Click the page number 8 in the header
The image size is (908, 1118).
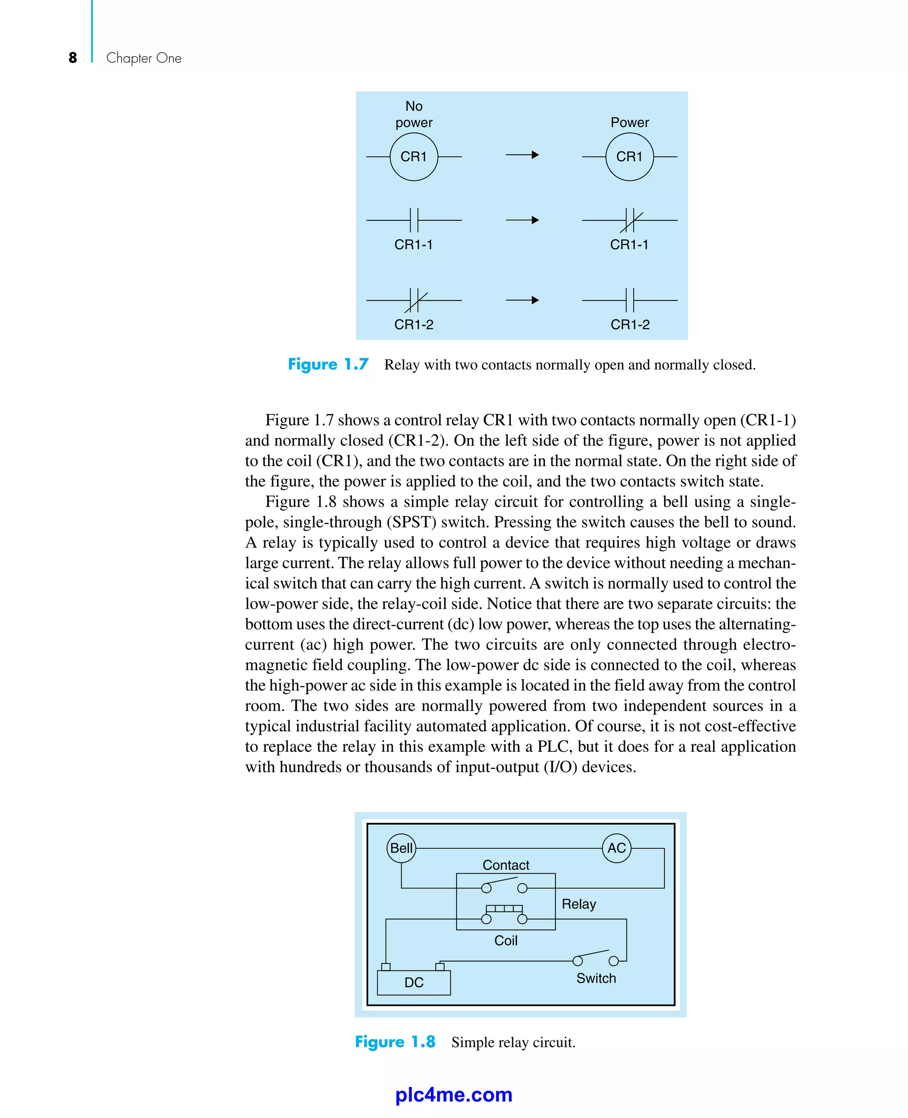pyautogui.click(x=73, y=58)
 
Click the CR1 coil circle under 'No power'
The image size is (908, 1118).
pyautogui.click(x=414, y=156)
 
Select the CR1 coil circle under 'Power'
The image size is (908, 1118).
pyautogui.click(x=629, y=156)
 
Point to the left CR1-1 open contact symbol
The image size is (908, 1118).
pyautogui.click(x=414, y=220)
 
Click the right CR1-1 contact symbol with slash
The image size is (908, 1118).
pyautogui.click(x=630, y=220)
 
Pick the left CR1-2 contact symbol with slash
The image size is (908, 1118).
pyautogui.click(x=414, y=300)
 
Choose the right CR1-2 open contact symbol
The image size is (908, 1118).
pyautogui.click(x=630, y=300)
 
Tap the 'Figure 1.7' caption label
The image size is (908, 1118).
pyautogui.click(x=328, y=364)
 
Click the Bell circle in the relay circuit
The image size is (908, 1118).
pyautogui.click(x=401, y=848)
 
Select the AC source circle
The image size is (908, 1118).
pyautogui.click(x=617, y=848)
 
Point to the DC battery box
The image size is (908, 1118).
pyautogui.click(x=414, y=982)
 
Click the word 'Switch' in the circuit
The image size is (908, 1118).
pyautogui.click(x=596, y=978)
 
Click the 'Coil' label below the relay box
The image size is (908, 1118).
pyautogui.click(x=506, y=940)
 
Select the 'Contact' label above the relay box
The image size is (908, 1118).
pyautogui.click(x=506, y=865)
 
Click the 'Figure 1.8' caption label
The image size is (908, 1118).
pyautogui.click(x=395, y=1042)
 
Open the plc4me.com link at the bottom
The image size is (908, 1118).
pyautogui.click(x=454, y=1095)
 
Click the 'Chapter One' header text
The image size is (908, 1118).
pyautogui.click(x=144, y=58)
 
